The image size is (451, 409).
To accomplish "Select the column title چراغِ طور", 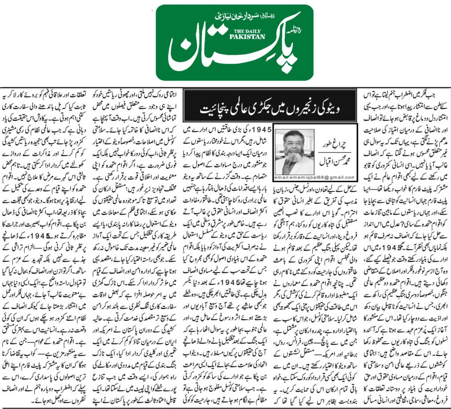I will coord(336,143).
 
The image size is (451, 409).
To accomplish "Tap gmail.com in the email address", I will coord(340,178).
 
